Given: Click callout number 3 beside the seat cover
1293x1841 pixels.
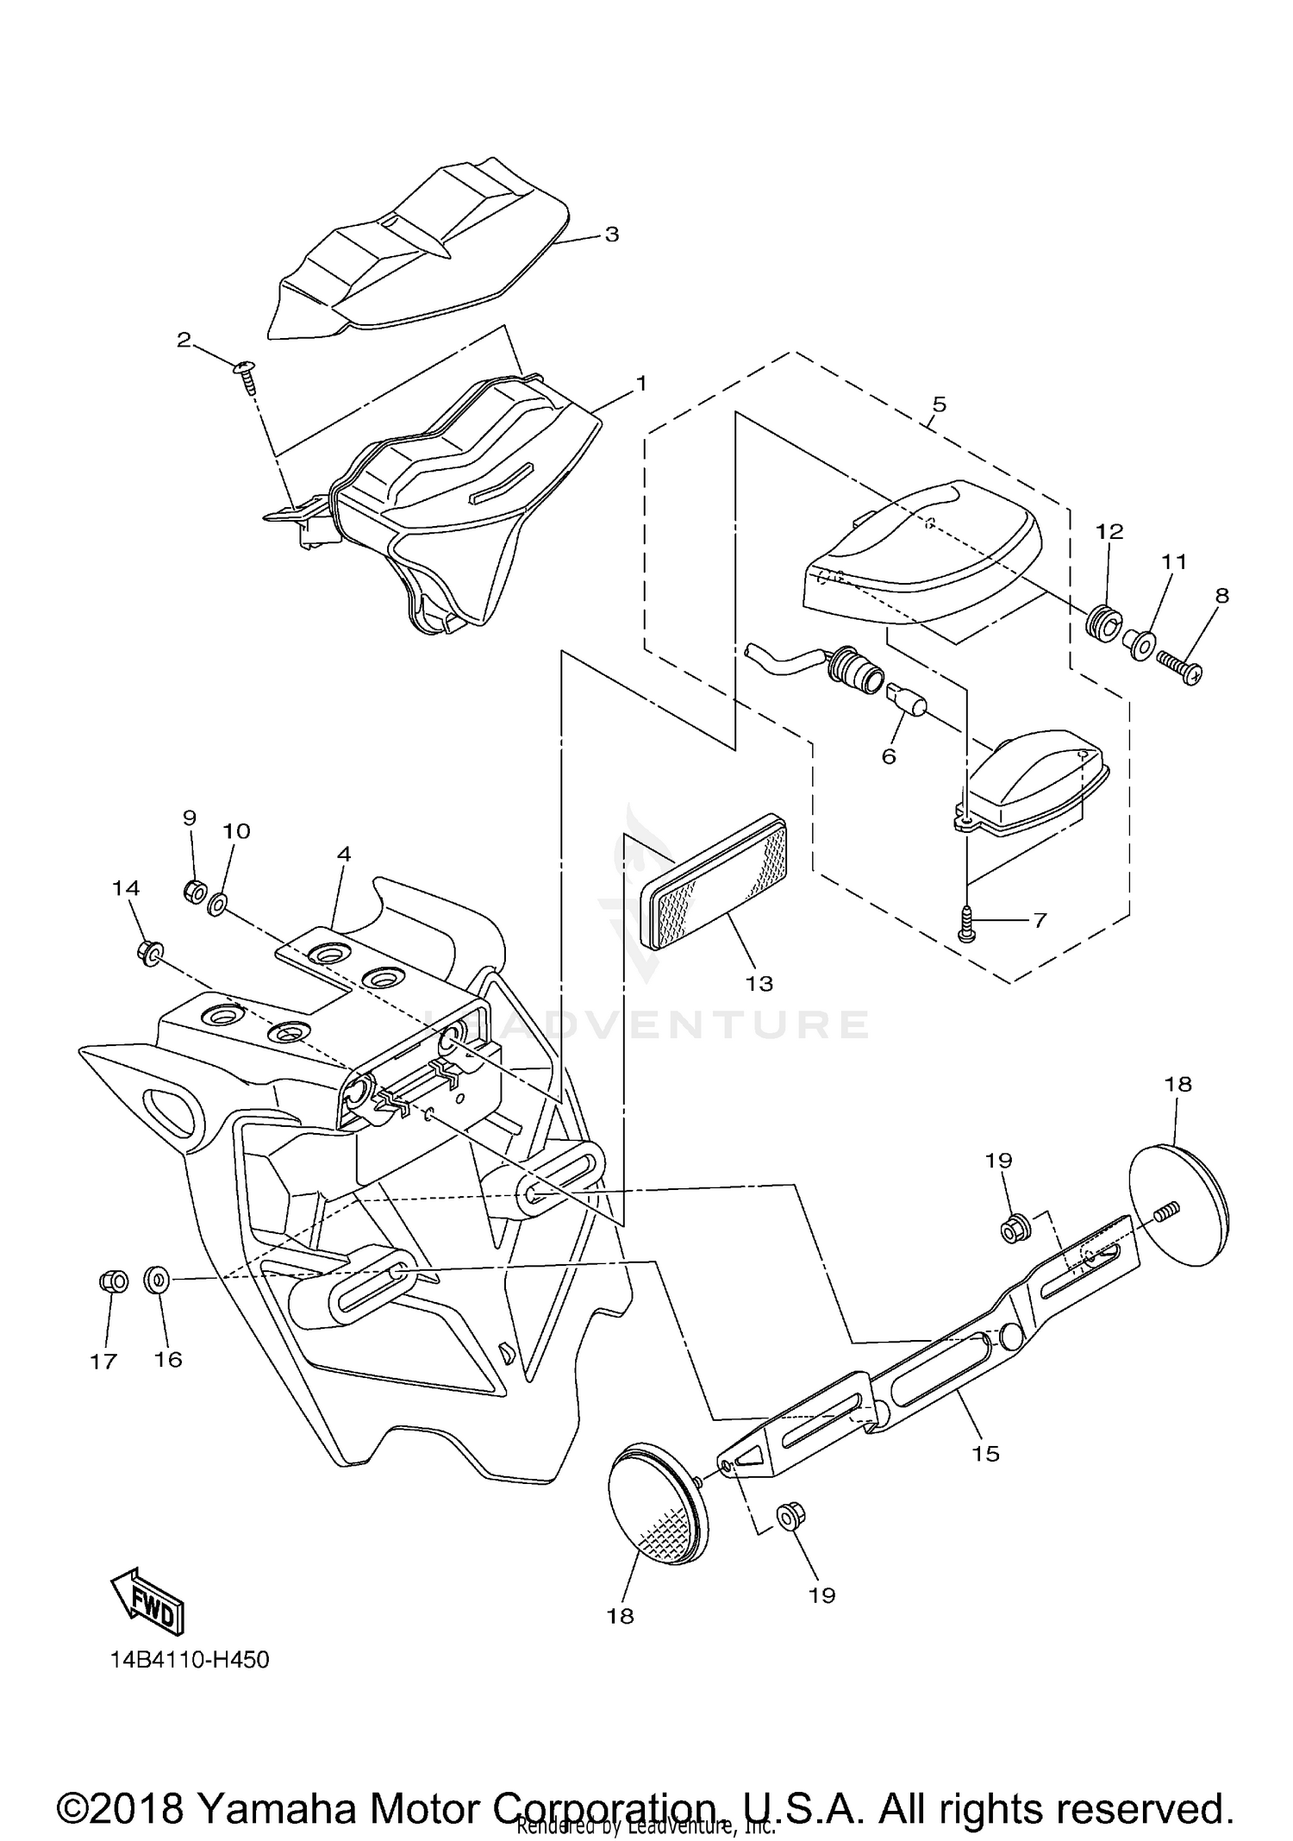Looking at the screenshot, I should pos(611,235).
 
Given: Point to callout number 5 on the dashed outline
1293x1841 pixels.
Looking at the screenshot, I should pos(939,404).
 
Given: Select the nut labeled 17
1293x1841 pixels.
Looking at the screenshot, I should pos(113,1281).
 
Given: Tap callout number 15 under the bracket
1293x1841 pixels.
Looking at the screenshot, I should pos(985,1453).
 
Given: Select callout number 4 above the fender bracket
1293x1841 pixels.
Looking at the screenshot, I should pos(344,854).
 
